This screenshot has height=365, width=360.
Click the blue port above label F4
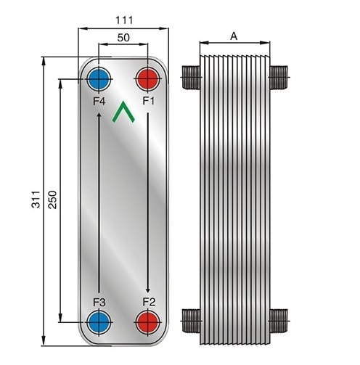[x=99, y=79]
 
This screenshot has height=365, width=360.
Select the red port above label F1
[x=147, y=79]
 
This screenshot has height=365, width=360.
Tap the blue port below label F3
[x=99, y=322]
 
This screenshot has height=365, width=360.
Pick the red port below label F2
[x=147, y=322]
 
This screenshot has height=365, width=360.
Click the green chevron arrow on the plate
[x=123, y=112]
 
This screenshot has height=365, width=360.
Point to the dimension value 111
[x=124, y=20]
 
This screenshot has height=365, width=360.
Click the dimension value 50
[x=123, y=38]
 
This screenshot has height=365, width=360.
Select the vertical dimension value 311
[x=36, y=200]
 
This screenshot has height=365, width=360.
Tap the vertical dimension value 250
[x=52, y=200]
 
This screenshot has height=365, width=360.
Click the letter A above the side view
[x=234, y=36]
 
